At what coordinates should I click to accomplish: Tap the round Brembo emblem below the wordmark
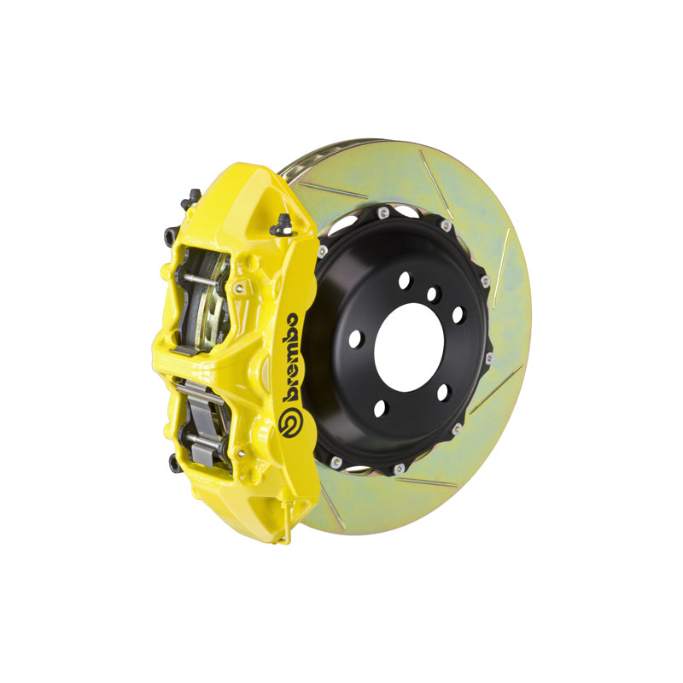(x=289, y=423)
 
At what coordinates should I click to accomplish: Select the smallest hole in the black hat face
(x=432, y=295)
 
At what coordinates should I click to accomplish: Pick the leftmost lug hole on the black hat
(x=355, y=338)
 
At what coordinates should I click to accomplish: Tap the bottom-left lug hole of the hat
(x=380, y=408)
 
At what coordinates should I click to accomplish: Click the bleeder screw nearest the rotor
(x=280, y=224)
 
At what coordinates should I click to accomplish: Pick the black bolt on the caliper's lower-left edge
(x=175, y=463)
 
